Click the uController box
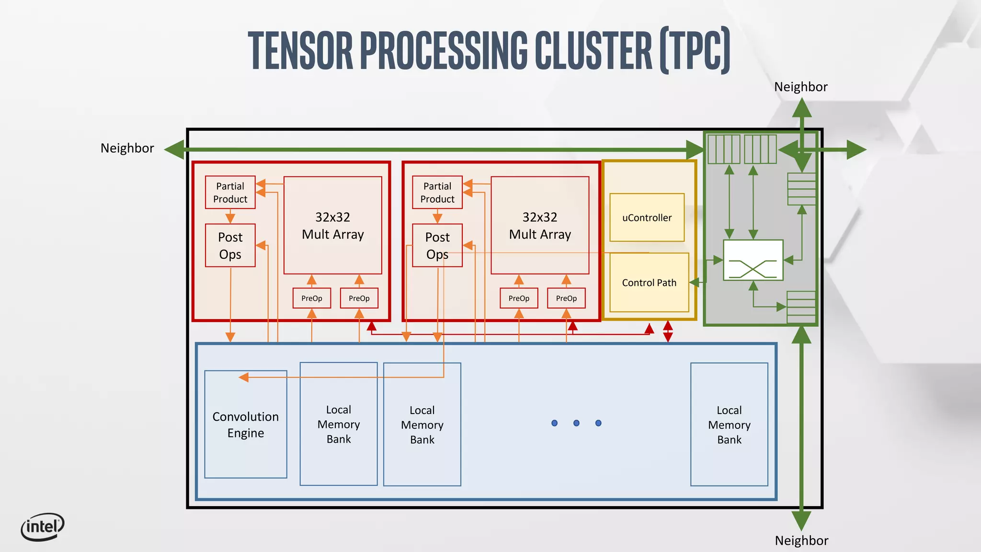647,218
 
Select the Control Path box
649,283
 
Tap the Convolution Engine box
245,425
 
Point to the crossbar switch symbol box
753,260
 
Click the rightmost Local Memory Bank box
729,425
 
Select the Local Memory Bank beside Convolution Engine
338,424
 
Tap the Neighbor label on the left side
127,148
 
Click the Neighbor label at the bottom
801,540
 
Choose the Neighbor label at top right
800,87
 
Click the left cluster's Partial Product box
230,192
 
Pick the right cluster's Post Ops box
437,245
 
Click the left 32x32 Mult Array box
332,225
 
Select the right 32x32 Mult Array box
539,225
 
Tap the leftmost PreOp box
311,298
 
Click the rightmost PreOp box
566,298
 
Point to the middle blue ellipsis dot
576,423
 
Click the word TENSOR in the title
300,50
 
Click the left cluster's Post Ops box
230,245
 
